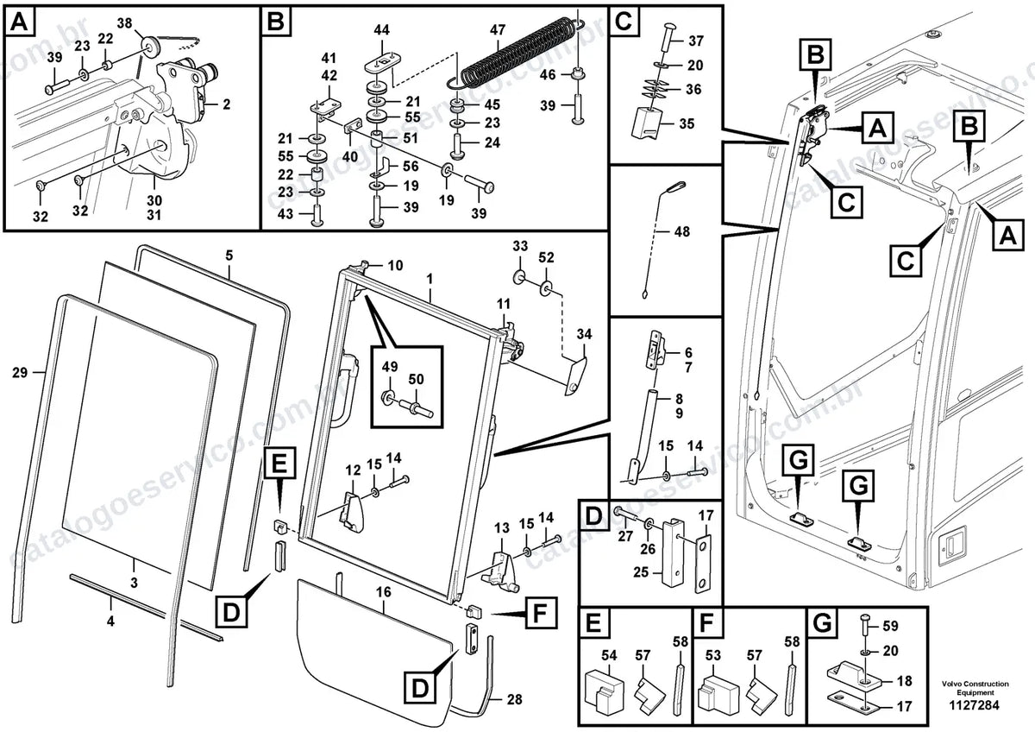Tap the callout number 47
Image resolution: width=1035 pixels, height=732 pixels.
click(498, 29)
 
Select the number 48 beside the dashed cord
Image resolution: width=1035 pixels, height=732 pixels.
click(682, 231)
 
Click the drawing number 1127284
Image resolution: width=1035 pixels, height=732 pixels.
click(975, 704)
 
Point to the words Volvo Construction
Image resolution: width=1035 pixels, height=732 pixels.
click(975, 684)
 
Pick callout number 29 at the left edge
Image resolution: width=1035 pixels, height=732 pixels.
click(20, 372)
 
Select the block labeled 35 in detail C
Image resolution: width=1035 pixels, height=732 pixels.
click(647, 123)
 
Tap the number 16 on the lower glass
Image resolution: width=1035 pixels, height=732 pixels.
click(383, 592)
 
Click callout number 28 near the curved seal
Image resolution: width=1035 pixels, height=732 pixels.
click(514, 699)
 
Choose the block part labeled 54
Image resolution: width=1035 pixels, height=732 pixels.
click(604, 691)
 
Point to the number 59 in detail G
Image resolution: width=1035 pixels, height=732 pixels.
click(890, 626)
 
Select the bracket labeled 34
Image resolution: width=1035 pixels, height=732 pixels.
click(574, 375)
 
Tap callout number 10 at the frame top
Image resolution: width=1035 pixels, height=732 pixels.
click(395, 265)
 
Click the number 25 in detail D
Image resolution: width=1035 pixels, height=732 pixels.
click(641, 572)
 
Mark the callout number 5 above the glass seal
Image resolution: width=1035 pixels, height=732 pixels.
click(229, 256)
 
